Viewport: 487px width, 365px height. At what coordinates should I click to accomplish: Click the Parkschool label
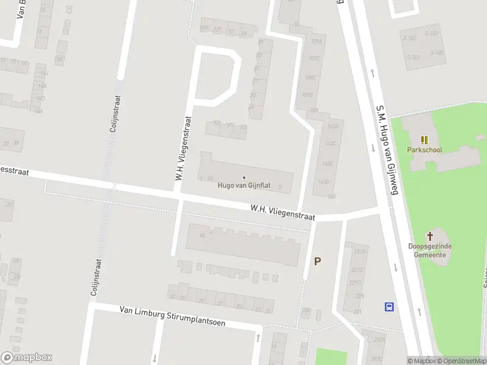coord(424,150)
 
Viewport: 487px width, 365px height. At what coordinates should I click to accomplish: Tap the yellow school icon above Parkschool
coord(424,140)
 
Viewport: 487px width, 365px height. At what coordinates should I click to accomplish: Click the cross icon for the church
coord(430,236)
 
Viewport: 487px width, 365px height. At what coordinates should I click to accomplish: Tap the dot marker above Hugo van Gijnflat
coord(243,178)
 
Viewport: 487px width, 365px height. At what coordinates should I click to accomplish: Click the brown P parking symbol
coord(317,261)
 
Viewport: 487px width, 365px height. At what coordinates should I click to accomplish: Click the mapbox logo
coord(27,358)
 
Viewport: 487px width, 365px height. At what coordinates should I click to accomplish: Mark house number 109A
coord(315,41)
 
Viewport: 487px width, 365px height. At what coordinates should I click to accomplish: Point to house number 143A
coord(332,127)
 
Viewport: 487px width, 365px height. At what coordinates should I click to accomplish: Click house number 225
coord(360,296)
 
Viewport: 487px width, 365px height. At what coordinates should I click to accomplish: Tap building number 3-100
coord(437,53)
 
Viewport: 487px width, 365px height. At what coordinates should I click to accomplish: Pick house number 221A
coord(360,252)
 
